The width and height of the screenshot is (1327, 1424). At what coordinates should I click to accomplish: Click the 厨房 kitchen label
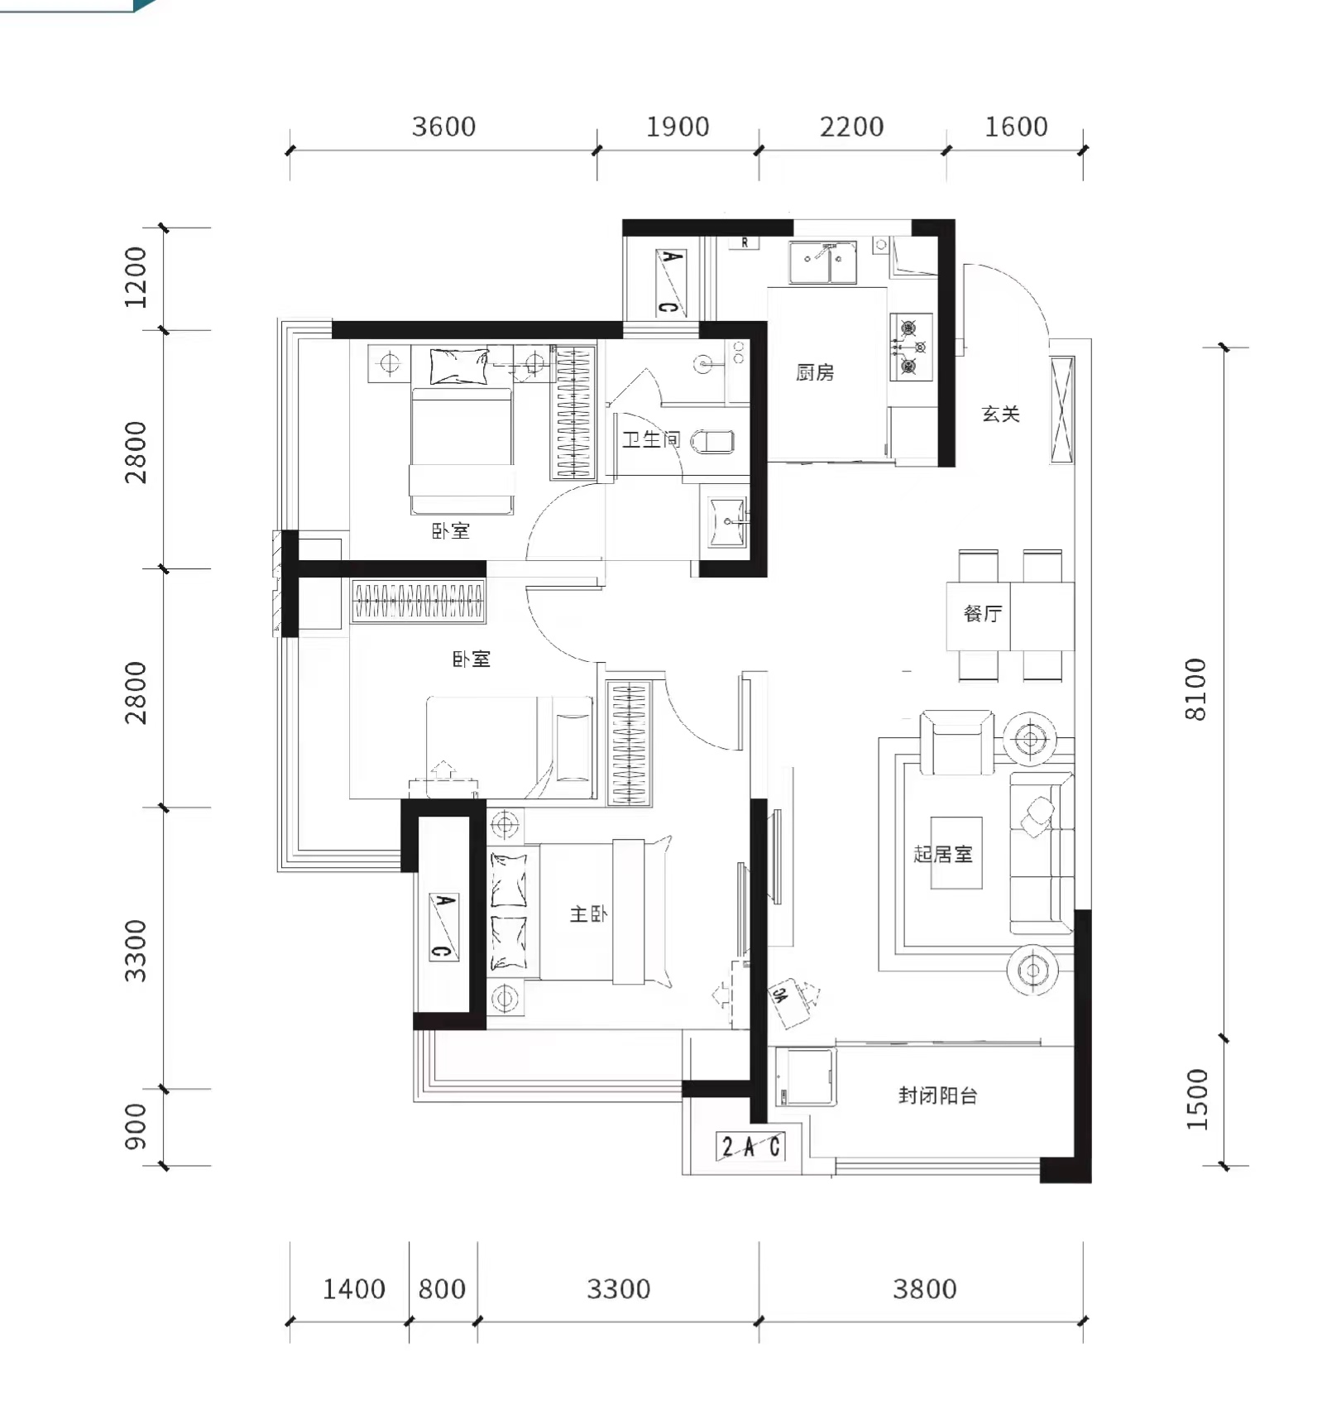[815, 372]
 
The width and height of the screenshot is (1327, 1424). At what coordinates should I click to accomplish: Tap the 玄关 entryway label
[1000, 414]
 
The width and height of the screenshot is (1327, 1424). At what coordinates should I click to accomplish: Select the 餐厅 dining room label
[982, 613]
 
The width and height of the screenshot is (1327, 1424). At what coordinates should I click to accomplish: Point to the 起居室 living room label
[943, 853]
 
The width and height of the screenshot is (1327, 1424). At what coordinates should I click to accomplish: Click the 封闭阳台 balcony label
[938, 1096]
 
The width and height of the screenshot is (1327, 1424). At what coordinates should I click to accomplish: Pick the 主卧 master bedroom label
[588, 913]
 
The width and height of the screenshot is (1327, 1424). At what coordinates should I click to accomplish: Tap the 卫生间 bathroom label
[651, 439]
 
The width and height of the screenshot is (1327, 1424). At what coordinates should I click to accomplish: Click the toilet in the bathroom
[711, 442]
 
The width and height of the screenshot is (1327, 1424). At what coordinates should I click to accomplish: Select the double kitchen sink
[822, 262]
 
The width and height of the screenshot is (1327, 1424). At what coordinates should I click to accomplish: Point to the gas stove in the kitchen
[911, 347]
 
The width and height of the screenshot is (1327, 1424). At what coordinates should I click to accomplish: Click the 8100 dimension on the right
[1196, 689]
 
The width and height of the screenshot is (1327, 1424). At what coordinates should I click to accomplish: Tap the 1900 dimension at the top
[678, 127]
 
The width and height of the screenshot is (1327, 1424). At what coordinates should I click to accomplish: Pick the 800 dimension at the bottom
[442, 1288]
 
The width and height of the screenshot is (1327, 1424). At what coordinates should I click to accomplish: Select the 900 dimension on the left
[135, 1127]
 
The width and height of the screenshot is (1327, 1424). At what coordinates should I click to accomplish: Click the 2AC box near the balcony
[750, 1146]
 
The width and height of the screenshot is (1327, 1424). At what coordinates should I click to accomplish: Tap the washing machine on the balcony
[804, 1076]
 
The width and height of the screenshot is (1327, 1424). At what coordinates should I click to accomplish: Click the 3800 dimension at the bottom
[924, 1288]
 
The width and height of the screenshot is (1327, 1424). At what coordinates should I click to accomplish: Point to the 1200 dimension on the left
[135, 277]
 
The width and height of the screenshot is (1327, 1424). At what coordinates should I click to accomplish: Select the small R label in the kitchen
[745, 242]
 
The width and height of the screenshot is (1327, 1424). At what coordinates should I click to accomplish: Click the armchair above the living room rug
[957, 741]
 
